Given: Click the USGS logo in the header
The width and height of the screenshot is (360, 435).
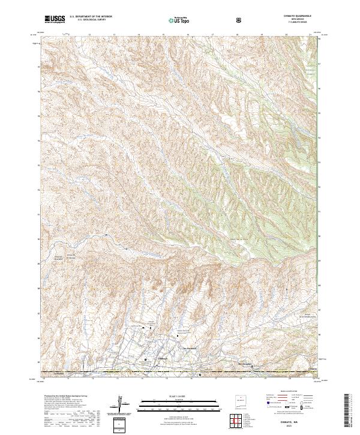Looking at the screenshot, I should click(54, 19).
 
